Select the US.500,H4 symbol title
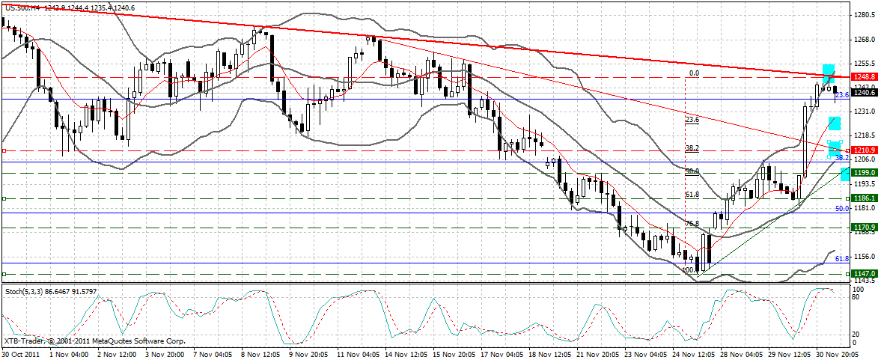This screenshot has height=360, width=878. [x=22, y=6]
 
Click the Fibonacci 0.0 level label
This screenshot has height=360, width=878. [x=693, y=73]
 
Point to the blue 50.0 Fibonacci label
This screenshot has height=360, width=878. [x=842, y=209]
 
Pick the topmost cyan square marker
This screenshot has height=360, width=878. [x=829, y=72]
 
